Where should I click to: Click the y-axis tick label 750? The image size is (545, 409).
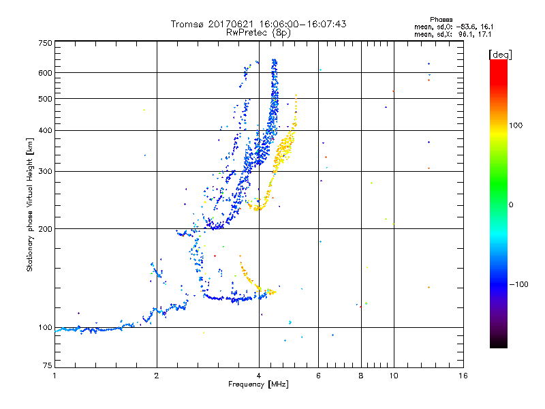[44, 43]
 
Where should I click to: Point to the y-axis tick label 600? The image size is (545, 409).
[44, 73]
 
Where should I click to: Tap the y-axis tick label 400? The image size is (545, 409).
[44, 130]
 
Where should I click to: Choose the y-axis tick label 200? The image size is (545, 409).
[44, 228]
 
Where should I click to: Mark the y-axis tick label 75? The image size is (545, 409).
[46, 367]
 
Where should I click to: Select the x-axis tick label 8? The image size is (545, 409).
[360, 376]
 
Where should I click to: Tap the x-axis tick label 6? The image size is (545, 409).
[318, 376]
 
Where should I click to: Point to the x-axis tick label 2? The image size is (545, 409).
[157, 376]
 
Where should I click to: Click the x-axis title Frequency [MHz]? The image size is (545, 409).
[258, 385]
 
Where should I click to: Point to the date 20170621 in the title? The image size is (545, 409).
[234, 24]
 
